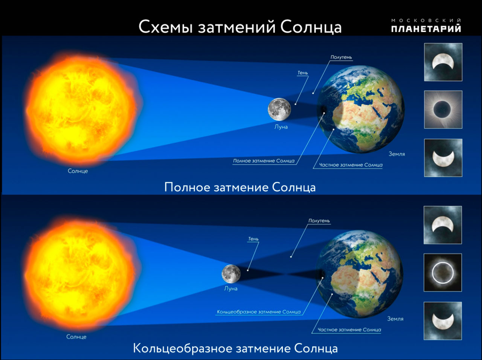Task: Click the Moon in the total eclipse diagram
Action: (279, 109)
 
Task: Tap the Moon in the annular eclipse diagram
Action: (231, 274)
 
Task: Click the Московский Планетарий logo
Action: (426, 26)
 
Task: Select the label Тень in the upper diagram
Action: (303, 73)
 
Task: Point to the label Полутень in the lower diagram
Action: (319, 221)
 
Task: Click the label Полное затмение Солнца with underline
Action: (264, 161)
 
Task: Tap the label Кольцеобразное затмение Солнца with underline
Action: (259, 312)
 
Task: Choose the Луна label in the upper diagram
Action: (281, 127)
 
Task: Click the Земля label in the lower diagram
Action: (395, 319)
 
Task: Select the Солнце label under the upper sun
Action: (78, 171)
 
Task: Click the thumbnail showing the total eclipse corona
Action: (443, 110)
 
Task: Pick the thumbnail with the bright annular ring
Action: (443, 273)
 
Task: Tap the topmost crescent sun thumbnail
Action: (443, 62)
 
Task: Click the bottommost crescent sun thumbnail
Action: (443, 321)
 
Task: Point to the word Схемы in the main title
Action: (166, 27)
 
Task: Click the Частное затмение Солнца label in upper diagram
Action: (351, 165)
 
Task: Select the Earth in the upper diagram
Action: (361, 109)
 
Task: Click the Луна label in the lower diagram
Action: (231, 288)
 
